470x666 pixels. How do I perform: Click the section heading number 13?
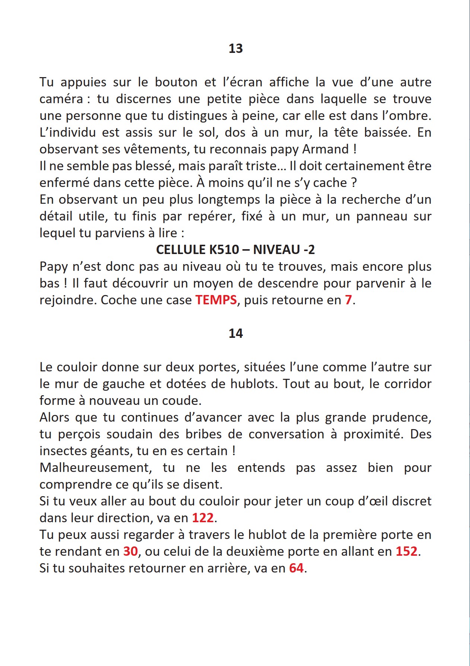(x=235, y=48)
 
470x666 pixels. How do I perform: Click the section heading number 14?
(x=235, y=333)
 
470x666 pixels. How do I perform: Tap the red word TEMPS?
(x=216, y=300)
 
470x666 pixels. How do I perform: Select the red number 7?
(x=348, y=300)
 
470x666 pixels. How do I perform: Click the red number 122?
(x=203, y=518)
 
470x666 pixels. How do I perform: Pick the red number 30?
(x=130, y=551)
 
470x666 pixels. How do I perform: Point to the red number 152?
(x=406, y=551)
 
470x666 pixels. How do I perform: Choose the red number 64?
(x=296, y=568)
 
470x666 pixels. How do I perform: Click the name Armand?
(x=325, y=149)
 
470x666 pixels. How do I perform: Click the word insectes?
(x=62, y=451)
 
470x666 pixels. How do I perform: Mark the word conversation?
(x=286, y=434)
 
